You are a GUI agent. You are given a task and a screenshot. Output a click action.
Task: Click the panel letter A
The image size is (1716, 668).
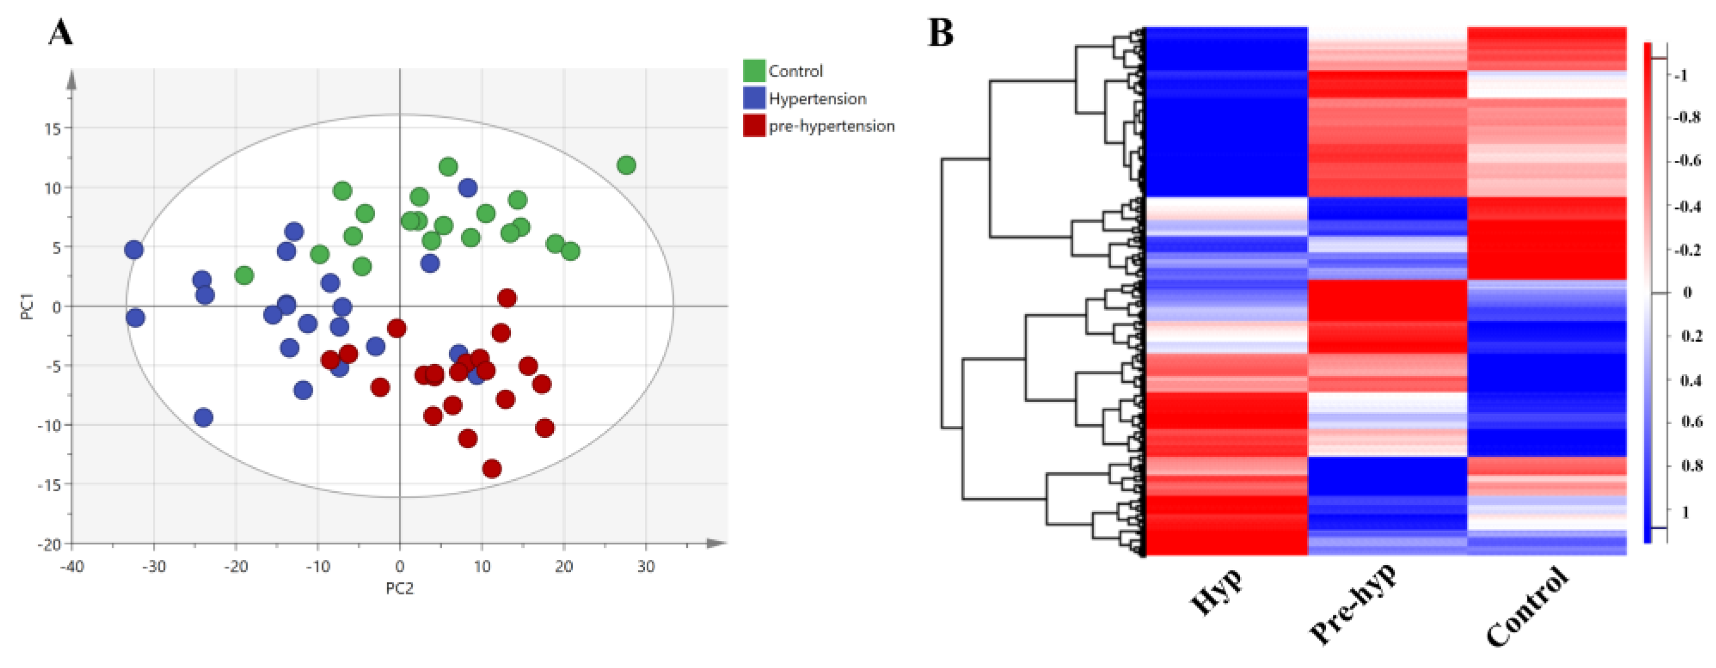(61, 32)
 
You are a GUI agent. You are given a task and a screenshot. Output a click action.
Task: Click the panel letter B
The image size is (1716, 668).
(940, 32)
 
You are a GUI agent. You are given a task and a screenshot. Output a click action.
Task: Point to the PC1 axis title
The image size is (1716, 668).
(27, 306)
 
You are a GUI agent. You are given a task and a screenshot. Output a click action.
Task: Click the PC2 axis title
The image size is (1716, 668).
(400, 588)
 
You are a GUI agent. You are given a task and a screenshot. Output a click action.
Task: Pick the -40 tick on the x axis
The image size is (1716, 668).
(72, 567)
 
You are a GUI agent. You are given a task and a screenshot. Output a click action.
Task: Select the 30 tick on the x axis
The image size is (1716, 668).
(646, 567)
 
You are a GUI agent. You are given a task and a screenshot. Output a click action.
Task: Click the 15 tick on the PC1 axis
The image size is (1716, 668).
(53, 129)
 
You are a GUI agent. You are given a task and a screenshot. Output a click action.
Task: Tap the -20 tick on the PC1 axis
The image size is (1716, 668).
(49, 545)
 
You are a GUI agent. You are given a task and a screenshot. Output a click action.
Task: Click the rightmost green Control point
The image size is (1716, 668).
(626, 165)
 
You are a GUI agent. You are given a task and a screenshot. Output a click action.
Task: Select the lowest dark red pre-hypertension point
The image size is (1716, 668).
(491, 469)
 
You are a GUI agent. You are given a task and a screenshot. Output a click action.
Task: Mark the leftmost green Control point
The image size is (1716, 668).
(245, 275)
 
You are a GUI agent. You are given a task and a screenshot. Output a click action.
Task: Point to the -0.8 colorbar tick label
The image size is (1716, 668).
(1686, 117)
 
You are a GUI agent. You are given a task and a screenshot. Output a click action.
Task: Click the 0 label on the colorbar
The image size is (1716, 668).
(1687, 293)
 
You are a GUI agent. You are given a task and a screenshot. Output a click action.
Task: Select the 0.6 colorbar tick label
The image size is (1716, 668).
(1691, 422)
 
